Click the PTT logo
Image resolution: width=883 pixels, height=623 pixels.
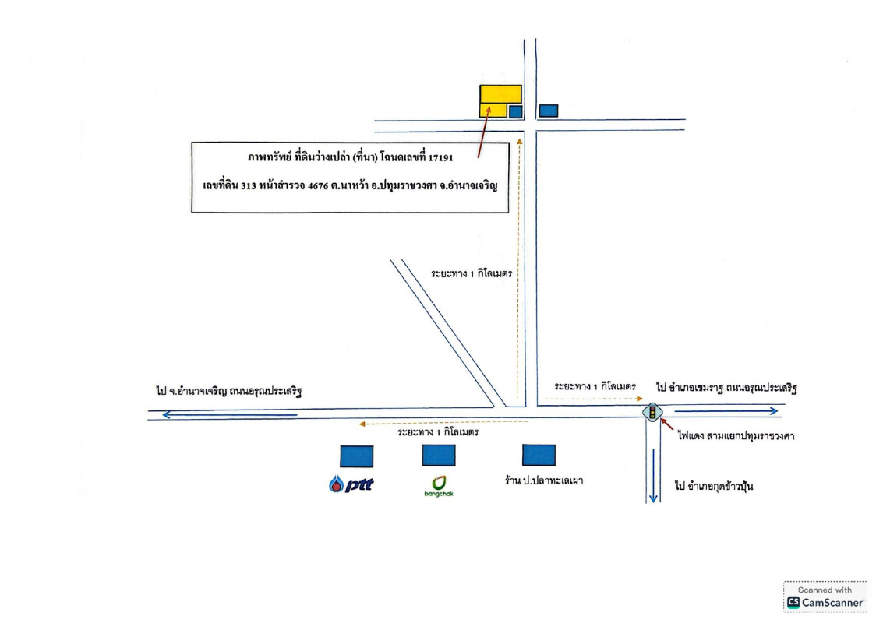351,484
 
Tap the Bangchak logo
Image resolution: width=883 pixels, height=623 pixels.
439,485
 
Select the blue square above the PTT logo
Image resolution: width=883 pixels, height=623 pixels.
356,456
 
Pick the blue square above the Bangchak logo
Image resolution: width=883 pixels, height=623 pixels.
439,456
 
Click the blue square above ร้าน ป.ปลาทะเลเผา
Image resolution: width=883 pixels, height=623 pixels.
539,456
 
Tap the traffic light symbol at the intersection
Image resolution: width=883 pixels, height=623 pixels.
650,412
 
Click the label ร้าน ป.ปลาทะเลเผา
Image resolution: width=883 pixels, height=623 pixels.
543,480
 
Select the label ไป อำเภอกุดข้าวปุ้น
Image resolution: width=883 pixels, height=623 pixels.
714,487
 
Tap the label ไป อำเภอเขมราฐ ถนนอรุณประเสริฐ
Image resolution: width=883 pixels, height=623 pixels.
726,386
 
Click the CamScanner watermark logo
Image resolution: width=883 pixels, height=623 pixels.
825,597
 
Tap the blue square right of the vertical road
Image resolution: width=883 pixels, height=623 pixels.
549,111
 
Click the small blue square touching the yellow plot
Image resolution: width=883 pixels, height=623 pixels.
515,111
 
